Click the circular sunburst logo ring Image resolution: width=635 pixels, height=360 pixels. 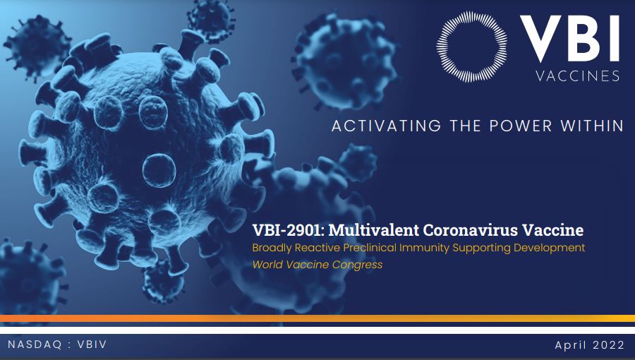pyautogui.click(x=440, y=47)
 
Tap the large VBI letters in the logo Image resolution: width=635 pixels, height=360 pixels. pyautogui.click(x=570, y=39)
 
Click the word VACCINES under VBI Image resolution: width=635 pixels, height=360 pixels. pyautogui.click(x=578, y=76)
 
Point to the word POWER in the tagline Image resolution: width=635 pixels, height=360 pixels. pyautogui.click(x=521, y=126)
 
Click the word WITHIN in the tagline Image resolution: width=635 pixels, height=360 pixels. pyautogui.click(x=592, y=126)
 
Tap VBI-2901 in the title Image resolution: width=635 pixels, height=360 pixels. pyautogui.click(x=289, y=230)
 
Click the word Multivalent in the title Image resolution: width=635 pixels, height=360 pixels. pyautogui.click(x=373, y=230)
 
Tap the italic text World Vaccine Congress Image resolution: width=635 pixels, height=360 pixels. pyautogui.click(x=317, y=265)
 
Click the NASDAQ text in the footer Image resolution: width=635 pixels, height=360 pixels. pyautogui.click(x=35, y=344)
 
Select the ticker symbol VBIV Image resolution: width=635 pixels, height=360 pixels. pyautogui.click(x=92, y=344)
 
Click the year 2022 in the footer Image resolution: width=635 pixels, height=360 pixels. pyautogui.click(x=609, y=345)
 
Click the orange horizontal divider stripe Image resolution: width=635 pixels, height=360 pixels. pyautogui.click(x=317, y=318)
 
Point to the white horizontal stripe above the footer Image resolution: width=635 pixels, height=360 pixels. pyautogui.click(x=317, y=330)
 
